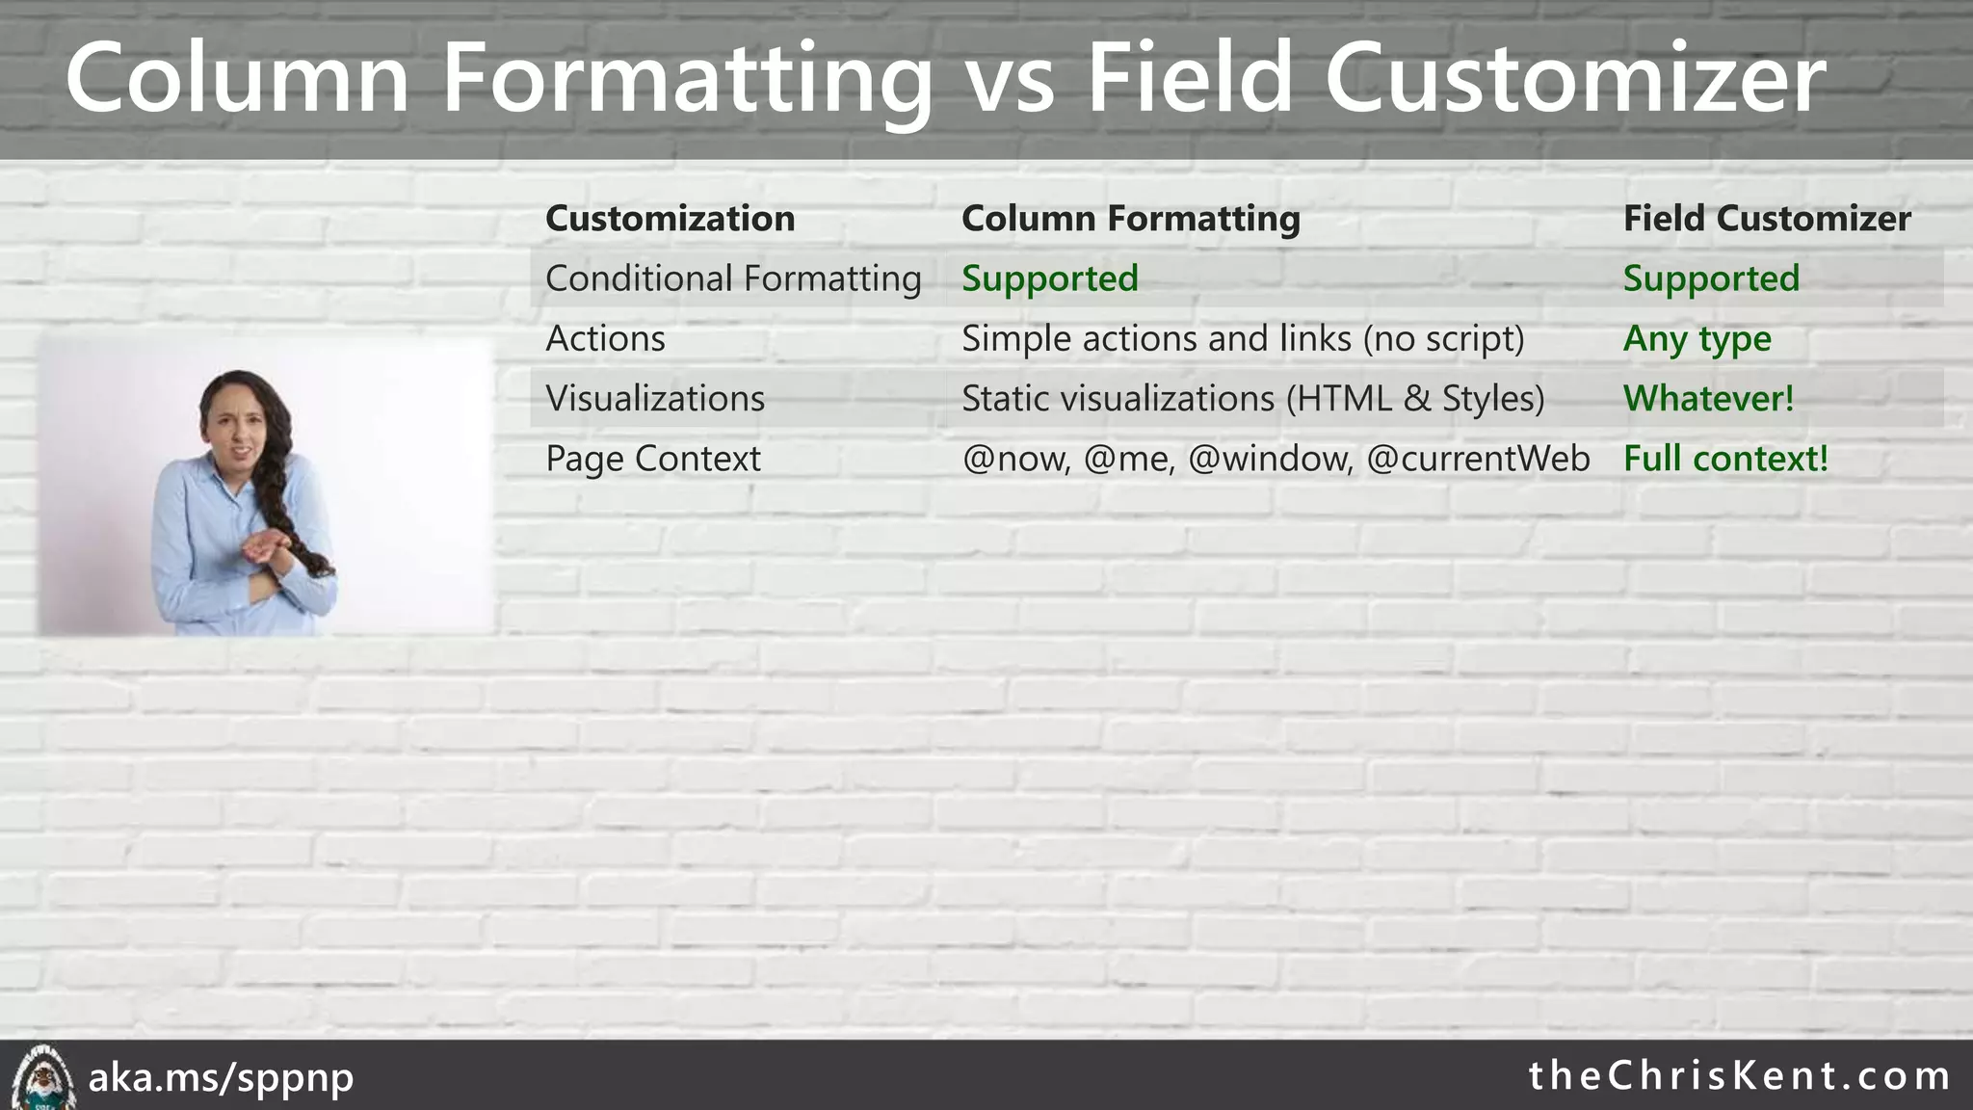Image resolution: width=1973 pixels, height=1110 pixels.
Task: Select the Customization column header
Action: [x=670, y=219]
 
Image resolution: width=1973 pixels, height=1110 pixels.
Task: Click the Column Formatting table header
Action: [x=1130, y=219]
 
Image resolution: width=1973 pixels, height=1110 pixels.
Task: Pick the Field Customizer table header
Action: [x=1766, y=219]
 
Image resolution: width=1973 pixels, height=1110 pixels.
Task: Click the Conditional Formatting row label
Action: [x=733, y=278]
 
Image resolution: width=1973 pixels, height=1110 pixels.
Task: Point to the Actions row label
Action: [x=605, y=339]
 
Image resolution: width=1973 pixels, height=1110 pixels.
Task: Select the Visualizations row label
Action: [x=655, y=399]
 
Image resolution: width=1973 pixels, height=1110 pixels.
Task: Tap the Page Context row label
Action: [x=652, y=459]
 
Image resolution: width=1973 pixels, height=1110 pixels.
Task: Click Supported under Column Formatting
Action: [x=1049, y=278]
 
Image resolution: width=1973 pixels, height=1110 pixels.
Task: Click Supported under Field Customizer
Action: [x=1711, y=278]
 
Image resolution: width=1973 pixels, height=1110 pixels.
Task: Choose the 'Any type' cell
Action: [x=1697, y=339]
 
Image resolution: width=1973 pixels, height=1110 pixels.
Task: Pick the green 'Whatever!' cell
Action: [x=1708, y=399]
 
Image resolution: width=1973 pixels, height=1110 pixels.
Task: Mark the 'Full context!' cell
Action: [x=1724, y=459]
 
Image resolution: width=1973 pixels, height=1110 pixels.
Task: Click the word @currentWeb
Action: [x=1478, y=459]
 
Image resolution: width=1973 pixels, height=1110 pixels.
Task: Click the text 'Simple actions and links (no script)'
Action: [x=1243, y=339]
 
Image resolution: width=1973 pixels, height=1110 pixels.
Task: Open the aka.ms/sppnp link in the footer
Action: [x=221, y=1077]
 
